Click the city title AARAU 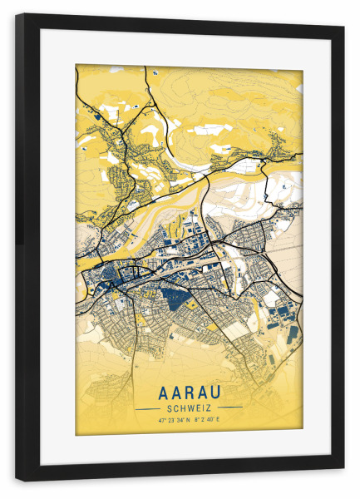point(189,391)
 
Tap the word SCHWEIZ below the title point(189,408)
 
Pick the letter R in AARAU point(189,391)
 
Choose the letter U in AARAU point(223,391)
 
